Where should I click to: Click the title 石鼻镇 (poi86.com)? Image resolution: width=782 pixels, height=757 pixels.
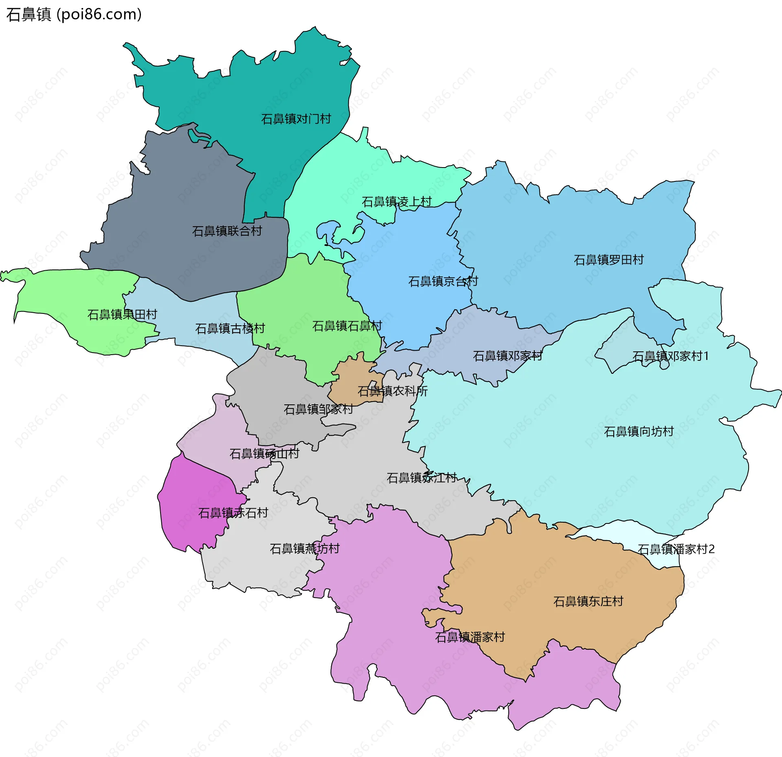(74, 14)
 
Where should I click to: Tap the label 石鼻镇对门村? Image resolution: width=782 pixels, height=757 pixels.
(296, 119)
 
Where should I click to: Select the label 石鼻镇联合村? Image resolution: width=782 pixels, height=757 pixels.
(227, 231)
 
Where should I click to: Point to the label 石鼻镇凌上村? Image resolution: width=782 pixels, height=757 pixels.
(396, 202)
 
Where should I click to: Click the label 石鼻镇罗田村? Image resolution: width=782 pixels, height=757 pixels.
(608, 260)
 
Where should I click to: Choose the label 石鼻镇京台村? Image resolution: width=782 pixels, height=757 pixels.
(443, 281)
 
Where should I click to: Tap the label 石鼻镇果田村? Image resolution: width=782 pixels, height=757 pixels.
(122, 314)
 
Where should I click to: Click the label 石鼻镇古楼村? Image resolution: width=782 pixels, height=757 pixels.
(230, 328)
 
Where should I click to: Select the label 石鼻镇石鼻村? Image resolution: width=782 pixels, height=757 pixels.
(347, 326)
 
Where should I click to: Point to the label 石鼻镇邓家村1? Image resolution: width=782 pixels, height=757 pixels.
(670, 356)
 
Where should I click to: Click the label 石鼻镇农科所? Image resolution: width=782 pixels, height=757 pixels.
(393, 391)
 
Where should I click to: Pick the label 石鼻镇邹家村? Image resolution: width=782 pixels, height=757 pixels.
(318, 409)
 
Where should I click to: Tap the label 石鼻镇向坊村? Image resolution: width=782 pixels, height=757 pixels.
(639, 431)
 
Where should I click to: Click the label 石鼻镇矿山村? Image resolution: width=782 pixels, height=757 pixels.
(264, 453)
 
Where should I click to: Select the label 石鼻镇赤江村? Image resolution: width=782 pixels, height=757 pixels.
(422, 477)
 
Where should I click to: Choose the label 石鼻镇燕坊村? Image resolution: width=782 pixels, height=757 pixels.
(305, 548)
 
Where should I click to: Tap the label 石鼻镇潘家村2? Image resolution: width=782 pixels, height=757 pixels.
(676, 549)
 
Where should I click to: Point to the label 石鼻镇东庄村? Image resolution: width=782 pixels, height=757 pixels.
(588, 601)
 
